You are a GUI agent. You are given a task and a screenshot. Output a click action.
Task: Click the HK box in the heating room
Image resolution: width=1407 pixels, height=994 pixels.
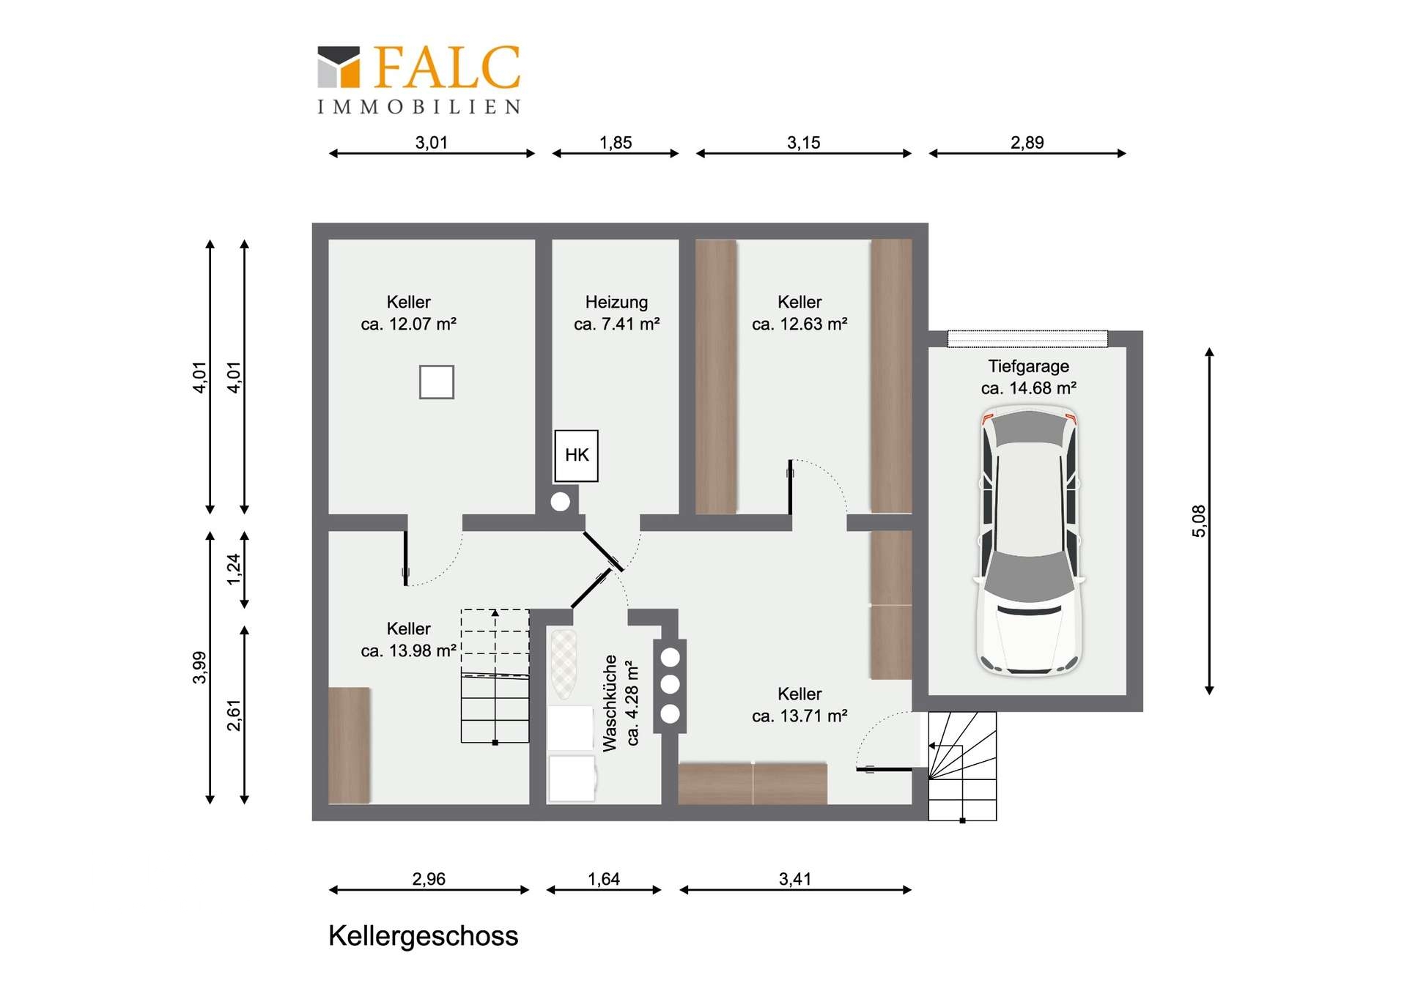coord(576,456)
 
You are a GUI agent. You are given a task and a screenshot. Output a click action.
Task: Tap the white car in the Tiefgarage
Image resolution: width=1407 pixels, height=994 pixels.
coord(1030,542)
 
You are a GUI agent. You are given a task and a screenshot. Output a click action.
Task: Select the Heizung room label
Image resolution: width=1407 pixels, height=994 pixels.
coord(616,302)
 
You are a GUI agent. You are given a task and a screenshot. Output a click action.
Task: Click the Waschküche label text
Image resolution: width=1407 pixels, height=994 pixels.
coord(610,703)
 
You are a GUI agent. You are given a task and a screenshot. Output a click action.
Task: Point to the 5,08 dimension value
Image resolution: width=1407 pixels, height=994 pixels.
coord(1198,521)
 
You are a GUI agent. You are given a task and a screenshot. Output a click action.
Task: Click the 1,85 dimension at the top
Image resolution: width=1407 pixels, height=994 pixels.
coord(616,142)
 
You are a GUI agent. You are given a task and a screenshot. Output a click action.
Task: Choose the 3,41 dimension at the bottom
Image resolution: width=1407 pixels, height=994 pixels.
coord(795,878)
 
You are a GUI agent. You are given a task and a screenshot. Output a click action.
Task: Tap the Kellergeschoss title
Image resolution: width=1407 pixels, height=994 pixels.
coord(423,936)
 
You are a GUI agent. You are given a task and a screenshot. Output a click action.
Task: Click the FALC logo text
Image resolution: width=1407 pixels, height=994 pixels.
coord(447,67)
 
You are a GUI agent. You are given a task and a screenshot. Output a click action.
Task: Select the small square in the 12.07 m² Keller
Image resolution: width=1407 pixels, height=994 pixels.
coord(436,382)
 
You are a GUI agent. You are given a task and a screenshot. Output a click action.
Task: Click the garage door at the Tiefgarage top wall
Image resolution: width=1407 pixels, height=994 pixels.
coord(1027,338)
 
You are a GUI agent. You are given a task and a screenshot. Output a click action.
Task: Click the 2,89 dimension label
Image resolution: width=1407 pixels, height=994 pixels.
coord(1027,142)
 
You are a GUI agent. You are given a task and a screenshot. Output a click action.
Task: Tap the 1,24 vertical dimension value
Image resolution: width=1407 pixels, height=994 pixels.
coord(234,569)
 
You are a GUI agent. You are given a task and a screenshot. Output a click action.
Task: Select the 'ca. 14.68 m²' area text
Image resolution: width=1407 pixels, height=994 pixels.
coord(1029,388)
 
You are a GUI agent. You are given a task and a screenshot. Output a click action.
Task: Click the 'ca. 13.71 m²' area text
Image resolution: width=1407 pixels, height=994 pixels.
coord(799,716)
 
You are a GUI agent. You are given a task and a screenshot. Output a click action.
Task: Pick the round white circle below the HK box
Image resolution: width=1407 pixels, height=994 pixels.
coord(561,502)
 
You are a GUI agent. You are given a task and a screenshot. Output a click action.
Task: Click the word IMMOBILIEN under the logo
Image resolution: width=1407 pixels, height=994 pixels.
coord(419,107)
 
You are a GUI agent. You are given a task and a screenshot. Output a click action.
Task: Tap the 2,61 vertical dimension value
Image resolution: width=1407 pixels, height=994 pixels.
coord(234,715)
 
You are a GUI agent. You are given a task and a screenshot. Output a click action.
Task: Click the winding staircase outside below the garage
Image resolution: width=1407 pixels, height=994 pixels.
coord(962,766)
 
